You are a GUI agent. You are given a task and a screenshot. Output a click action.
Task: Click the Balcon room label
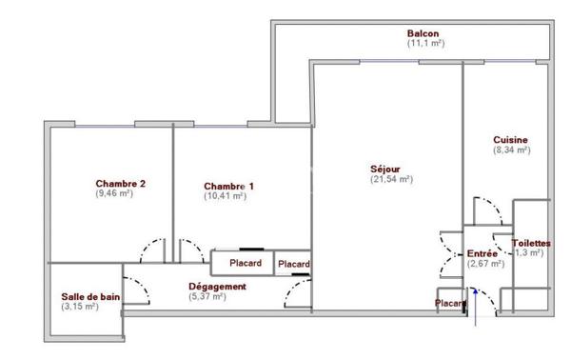[x=425, y=33]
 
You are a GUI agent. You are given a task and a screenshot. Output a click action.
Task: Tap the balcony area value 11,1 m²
[x=425, y=44]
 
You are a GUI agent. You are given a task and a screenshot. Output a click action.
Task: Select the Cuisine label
[x=510, y=140]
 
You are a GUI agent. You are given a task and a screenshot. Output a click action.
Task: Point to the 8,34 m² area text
[x=510, y=150]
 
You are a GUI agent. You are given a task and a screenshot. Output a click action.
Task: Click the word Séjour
[x=385, y=170]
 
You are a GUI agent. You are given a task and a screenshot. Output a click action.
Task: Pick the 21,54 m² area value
[x=390, y=179]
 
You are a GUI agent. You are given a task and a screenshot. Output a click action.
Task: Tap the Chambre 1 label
[x=228, y=186]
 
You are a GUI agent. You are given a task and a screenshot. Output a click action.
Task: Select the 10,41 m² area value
[x=225, y=196]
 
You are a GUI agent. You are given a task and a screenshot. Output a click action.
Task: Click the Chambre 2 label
[x=120, y=184]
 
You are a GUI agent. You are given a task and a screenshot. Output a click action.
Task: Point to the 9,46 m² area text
[x=114, y=193]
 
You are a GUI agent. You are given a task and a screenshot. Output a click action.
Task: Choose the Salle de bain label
[x=90, y=296]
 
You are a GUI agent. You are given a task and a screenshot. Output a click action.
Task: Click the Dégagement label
[x=218, y=286]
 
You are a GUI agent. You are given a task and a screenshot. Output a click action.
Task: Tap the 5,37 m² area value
[x=207, y=296]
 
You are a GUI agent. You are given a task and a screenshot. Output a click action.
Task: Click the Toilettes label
[x=531, y=243]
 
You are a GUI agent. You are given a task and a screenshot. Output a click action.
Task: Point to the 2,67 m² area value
[x=485, y=265]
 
